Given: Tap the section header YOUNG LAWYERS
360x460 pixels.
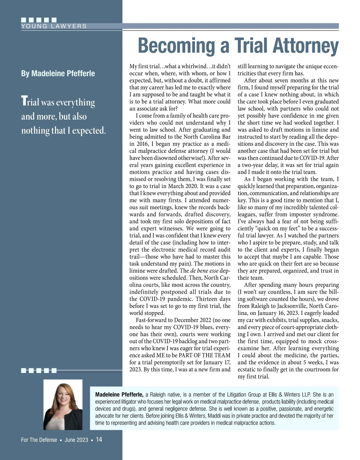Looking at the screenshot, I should [54, 26].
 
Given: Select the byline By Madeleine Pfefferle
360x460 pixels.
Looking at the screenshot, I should [58, 73].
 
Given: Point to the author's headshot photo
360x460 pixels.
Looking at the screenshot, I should [63, 405].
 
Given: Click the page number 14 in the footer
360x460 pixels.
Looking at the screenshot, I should [99, 440].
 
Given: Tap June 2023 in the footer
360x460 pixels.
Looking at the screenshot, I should [76, 440].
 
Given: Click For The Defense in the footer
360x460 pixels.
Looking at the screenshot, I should [39, 440].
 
